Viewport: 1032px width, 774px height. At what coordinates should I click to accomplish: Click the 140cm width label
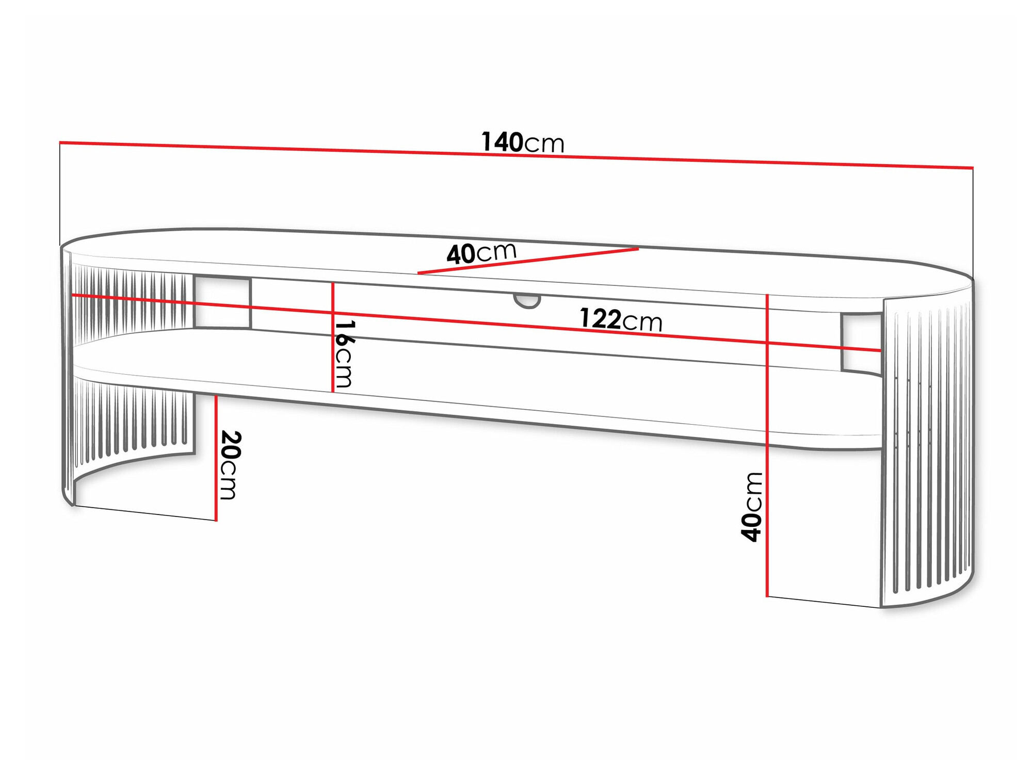[522, 142]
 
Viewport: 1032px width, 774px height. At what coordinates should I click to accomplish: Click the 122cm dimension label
[621, 320]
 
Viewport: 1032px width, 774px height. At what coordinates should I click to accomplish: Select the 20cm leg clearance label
[229, 465]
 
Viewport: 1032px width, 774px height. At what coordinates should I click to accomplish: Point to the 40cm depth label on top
[481, 253]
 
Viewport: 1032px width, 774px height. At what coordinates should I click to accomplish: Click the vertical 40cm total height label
[751, 507]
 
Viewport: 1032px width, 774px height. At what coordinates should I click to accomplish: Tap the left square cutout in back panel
[222, 302]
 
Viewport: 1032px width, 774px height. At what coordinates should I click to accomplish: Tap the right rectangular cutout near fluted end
[861, 343]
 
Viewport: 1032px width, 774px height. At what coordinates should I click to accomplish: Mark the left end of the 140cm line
[60, 142]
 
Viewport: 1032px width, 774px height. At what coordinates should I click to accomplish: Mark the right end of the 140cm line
[973, 168]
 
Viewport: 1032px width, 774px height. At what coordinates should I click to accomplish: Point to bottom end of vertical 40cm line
[767, 596]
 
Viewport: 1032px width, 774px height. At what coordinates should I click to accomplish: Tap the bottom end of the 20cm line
[216, 520]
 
